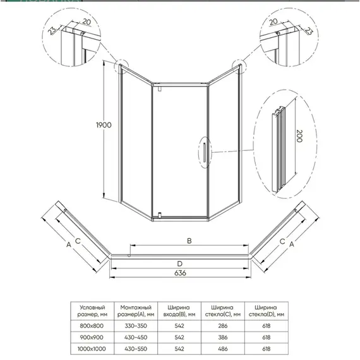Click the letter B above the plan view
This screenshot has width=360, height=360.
tap(180, 240)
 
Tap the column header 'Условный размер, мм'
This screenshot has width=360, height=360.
tap(93, 309)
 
